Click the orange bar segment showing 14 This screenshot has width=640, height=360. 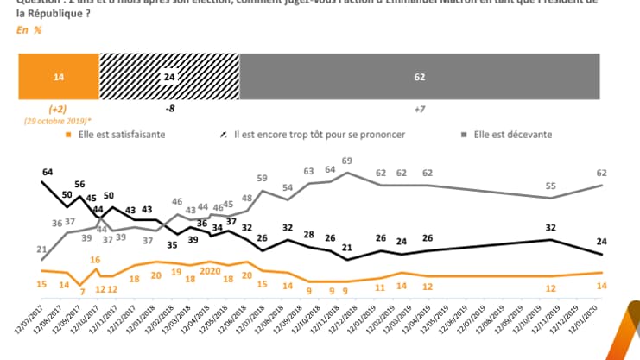point(59,77)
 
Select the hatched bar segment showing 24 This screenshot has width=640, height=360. point(169,77)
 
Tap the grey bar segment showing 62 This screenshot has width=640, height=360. point(419,77)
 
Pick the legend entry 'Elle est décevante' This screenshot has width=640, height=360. point(510,135)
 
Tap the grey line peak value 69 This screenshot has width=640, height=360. point(347,161)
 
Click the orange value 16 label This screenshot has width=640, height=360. point(95,259)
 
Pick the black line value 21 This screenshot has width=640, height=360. point(347,249)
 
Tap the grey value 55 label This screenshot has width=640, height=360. point(551,186)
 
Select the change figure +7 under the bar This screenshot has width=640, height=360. point(419,110)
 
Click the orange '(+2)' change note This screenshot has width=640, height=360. point(59,110)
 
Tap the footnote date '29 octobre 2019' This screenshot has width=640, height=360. point(59,122)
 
